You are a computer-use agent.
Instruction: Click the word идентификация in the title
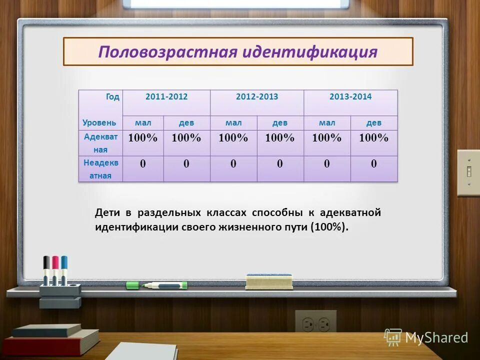tap(310, 52)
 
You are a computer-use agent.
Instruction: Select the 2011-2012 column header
tap(166, 97)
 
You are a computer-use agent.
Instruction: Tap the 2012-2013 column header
tap(257, 97)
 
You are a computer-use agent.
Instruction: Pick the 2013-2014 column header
tap(350, 97)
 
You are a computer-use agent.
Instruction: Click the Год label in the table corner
tap(112, 97)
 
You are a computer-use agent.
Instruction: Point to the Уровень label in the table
tap(99, 122)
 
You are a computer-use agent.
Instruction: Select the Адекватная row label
tap(100, 143)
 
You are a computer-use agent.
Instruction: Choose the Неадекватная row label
tap(100, 169)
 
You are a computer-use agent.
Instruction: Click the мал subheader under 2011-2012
tap(143, 123)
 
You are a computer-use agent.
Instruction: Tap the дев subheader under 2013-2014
tap(373, 123)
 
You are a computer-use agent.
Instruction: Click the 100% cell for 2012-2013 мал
tap(233, 138)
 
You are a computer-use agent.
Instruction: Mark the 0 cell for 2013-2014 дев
tap(373, 164)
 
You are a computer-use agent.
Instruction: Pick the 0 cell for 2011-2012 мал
tap(143, 164)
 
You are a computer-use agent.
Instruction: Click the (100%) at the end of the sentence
tap(328, 227)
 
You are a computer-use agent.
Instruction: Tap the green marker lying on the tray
tap(156, 285)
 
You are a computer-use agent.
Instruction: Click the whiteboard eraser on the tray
tap(269, 281)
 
